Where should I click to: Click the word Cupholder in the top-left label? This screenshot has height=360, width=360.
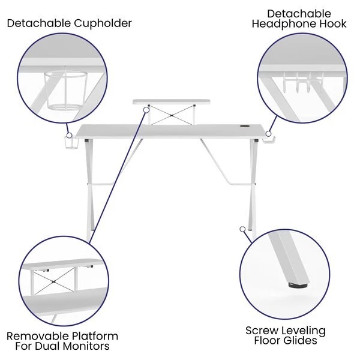pyautogui.click(x=103, y=24)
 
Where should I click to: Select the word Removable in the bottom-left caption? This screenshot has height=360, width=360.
pyautogui.click(x=35, y=336)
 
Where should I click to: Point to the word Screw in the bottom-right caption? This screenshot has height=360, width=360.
pyautogui.click(x=261, y=331)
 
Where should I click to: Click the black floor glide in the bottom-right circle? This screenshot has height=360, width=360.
pyautogui.click(x=298, y=285)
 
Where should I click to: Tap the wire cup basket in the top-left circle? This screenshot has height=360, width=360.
pyautogui.click(x=65, y=90)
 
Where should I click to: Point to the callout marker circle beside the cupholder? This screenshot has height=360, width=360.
pyautogui.click(x=69, y=136)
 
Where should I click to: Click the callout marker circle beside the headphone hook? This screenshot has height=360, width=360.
pyautogui.click(x=268, y=133)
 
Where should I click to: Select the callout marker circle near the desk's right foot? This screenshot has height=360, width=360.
pyautogui.click(x=242, y=229)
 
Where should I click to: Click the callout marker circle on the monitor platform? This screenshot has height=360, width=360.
pyautogui.click(x=146, y=110)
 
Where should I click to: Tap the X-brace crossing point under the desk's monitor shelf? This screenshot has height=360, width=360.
pyautogui.click(x=172, y=115)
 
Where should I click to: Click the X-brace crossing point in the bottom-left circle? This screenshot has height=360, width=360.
pyautogui.click(x=54, y=282)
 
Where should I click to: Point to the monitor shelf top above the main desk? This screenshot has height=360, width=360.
pyautogui.click(x=172, y=102)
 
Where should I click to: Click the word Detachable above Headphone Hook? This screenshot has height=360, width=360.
pyautogui.click(x=299, y=14)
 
